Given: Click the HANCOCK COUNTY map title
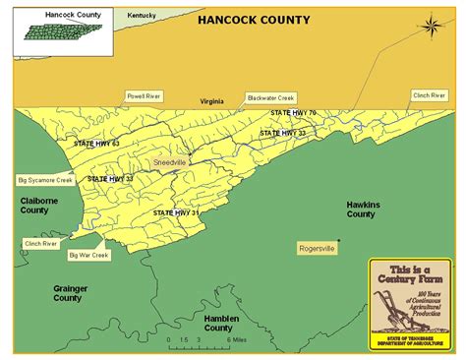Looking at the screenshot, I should [x=254, y=20].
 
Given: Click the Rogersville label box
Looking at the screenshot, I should [x=318, y=249].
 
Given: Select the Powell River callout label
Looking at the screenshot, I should [x=144, y=96].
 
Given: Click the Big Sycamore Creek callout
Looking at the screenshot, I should [x=45, y=181].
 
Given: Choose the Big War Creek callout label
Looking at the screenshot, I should [x=88, y=256].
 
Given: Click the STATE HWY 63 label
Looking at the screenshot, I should [x=96, y=144].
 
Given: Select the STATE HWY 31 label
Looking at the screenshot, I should [x=176, y=212].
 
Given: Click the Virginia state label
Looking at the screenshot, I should [x=212, y=100].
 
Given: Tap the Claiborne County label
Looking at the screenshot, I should [x=34, y=205].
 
